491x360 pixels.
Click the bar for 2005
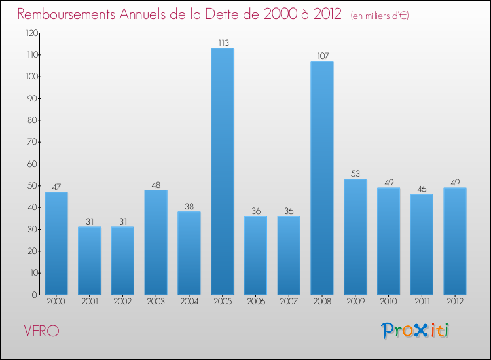click(223, 171)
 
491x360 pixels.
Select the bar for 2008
click(322, 178)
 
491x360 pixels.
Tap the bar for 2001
click(90, 261)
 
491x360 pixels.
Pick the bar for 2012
click(455, 241)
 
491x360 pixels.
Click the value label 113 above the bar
click(223, 43)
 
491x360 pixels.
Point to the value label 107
click(322, 56)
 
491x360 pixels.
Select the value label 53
click(355, 173)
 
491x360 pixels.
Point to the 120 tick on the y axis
click(30, 33)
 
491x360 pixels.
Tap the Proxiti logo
click(416, 331)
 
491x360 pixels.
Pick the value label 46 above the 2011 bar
click(422, 189)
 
